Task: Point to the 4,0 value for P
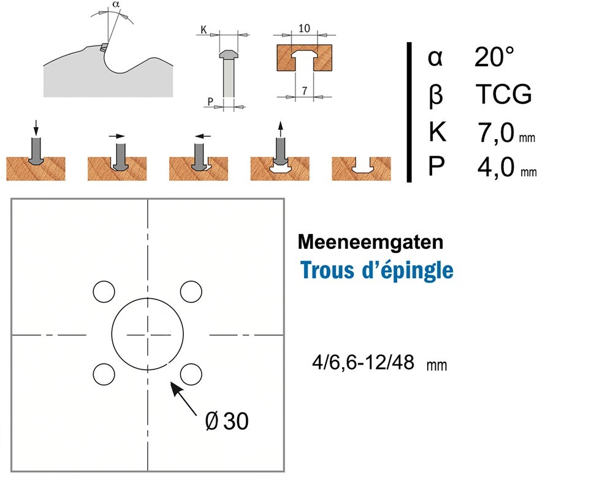point(496,167)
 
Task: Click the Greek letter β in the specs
point(435,96)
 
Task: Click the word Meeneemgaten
point(370,242)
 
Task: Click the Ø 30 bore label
point(227,422)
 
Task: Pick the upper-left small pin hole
point(103,291)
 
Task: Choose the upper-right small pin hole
point(191,291)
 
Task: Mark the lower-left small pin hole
point(103,373)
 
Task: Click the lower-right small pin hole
point(191,373)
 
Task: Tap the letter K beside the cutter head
point(203,29)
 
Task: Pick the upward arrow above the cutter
point(280,129)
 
